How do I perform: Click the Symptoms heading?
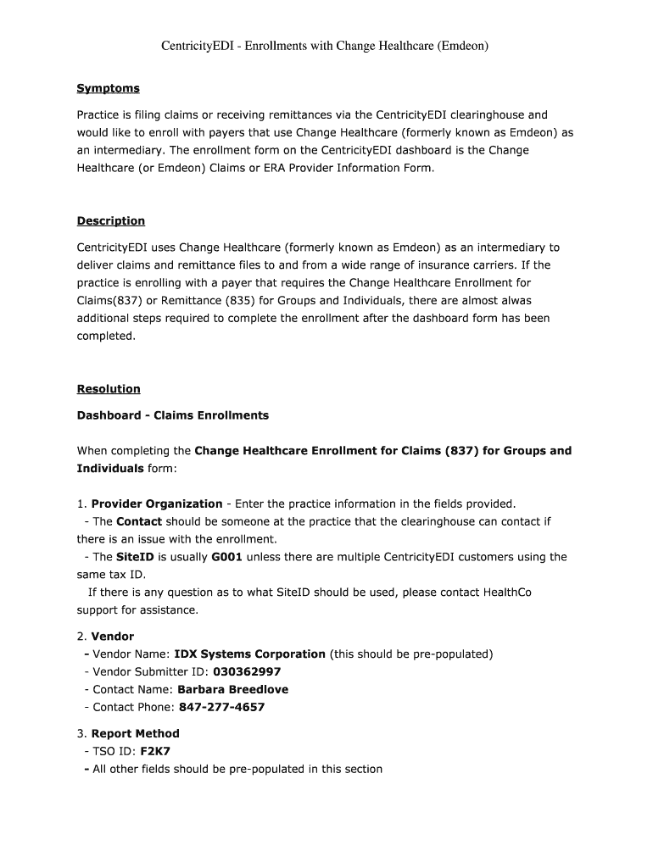(x=108, y=88)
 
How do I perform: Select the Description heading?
(x=110, y=221)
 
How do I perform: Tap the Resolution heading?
(x=109, y=389)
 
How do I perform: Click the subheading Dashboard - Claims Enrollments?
(x=172, y=415)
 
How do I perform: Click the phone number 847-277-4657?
(x=222, y=707)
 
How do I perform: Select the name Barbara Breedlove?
(x=232, y=689)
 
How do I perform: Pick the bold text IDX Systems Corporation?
(x=249, y=654)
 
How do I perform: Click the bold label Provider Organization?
(x=157, y=504)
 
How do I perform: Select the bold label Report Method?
(x=135, y=733)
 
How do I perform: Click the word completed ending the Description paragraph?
(x=105, y=336)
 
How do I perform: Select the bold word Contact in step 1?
(x=139, y=521)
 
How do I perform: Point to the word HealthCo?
(x=507, y=593)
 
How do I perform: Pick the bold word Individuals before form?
(x=110, y=468)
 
